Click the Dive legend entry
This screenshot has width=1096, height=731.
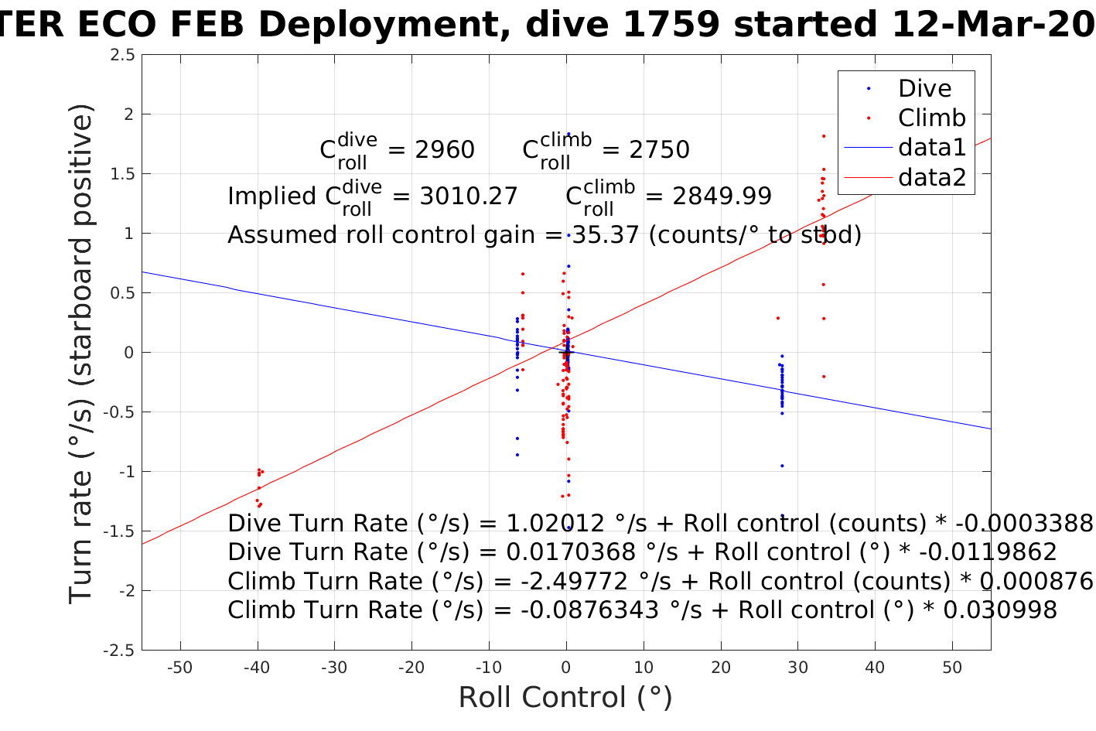pyautogui.click(x=924, y=89)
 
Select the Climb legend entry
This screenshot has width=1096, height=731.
pyautogui.click(x=931, y=118)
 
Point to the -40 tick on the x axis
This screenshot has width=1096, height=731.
pyautogui.click(x=257, y=668)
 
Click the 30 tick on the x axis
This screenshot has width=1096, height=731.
pyautogui.click(x=797, y=668)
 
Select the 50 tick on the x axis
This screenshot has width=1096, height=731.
pyautogui.click(x=952, y=668)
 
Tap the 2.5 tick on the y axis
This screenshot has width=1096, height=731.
pyautogui.click(x=122, y=55)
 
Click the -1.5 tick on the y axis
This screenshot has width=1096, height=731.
pyautogui.click(x=119, y=531)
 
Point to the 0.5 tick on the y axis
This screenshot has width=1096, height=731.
pyautogui.click(x=122, y=293)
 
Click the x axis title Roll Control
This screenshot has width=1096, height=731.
pyautogui.click(x=565, y=698)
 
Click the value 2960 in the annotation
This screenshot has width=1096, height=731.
pyautogui.click(x=445, y=150)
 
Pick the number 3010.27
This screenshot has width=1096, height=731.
pyautogui.click(x=469, y=196)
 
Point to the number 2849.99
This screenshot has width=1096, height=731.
pyautogui.click(x=722, y=196)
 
